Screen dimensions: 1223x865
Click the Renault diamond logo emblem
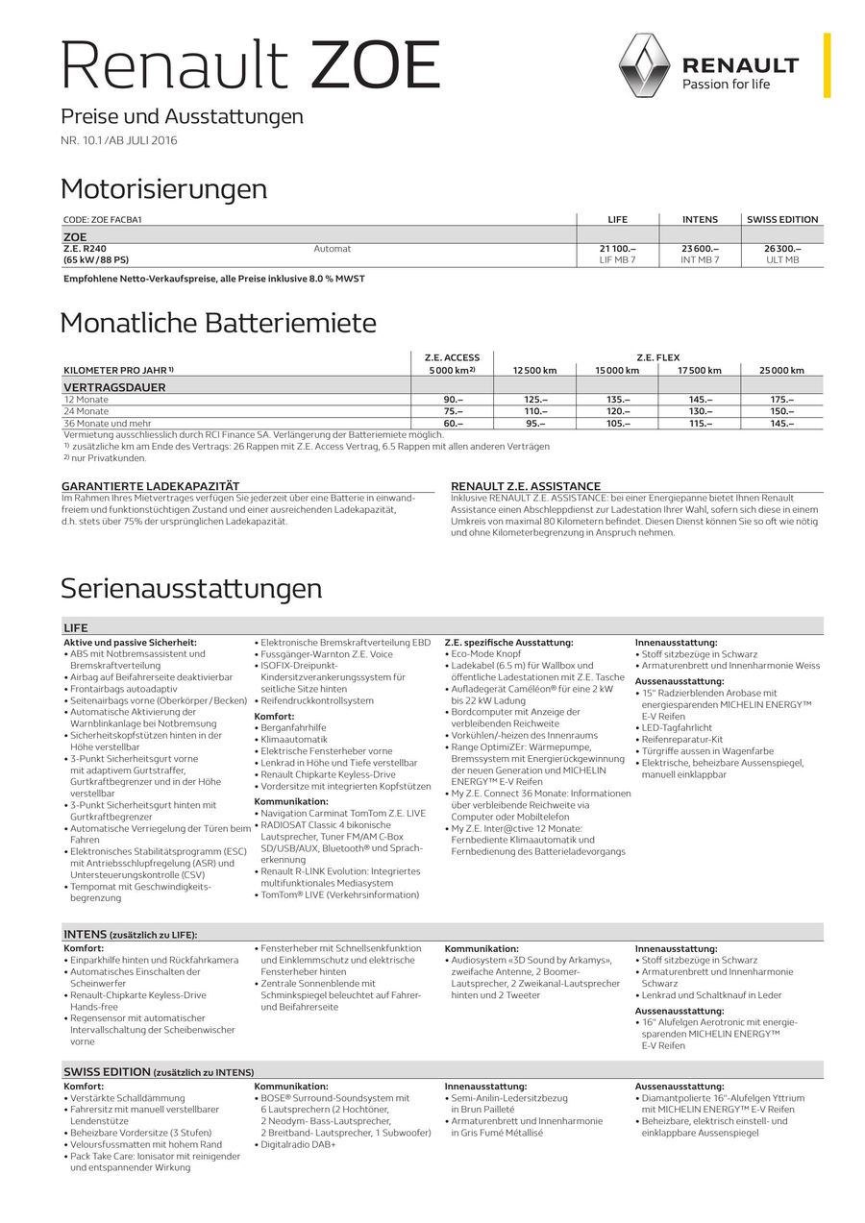[643, 65]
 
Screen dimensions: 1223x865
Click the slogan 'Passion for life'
[726, 85]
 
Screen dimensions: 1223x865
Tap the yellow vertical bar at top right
[827, 64]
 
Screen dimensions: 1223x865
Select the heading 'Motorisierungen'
[163, 189]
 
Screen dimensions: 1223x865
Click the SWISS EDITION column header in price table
[782, 219]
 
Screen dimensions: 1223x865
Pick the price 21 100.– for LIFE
[617, 249]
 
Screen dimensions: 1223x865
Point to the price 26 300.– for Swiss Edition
[782, 249]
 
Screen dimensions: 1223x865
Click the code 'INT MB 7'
[700, 260]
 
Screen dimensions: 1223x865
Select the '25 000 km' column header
[782, 370]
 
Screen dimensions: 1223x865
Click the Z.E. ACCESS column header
[452, 357]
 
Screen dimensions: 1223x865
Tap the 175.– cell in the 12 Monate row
[782, 400]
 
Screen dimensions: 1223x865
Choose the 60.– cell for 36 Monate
[452, 423]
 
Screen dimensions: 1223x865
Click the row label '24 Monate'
[86, 411]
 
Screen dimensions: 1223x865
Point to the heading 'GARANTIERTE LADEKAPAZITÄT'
[151, 486]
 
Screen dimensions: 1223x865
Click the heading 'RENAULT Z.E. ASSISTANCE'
[526, 486]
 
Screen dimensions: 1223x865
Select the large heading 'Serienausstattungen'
[191, 588]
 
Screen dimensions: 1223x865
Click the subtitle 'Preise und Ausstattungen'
[182, 116]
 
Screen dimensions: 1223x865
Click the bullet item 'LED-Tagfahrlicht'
[677, 728]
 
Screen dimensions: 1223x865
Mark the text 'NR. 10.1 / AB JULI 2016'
[119, 140]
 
